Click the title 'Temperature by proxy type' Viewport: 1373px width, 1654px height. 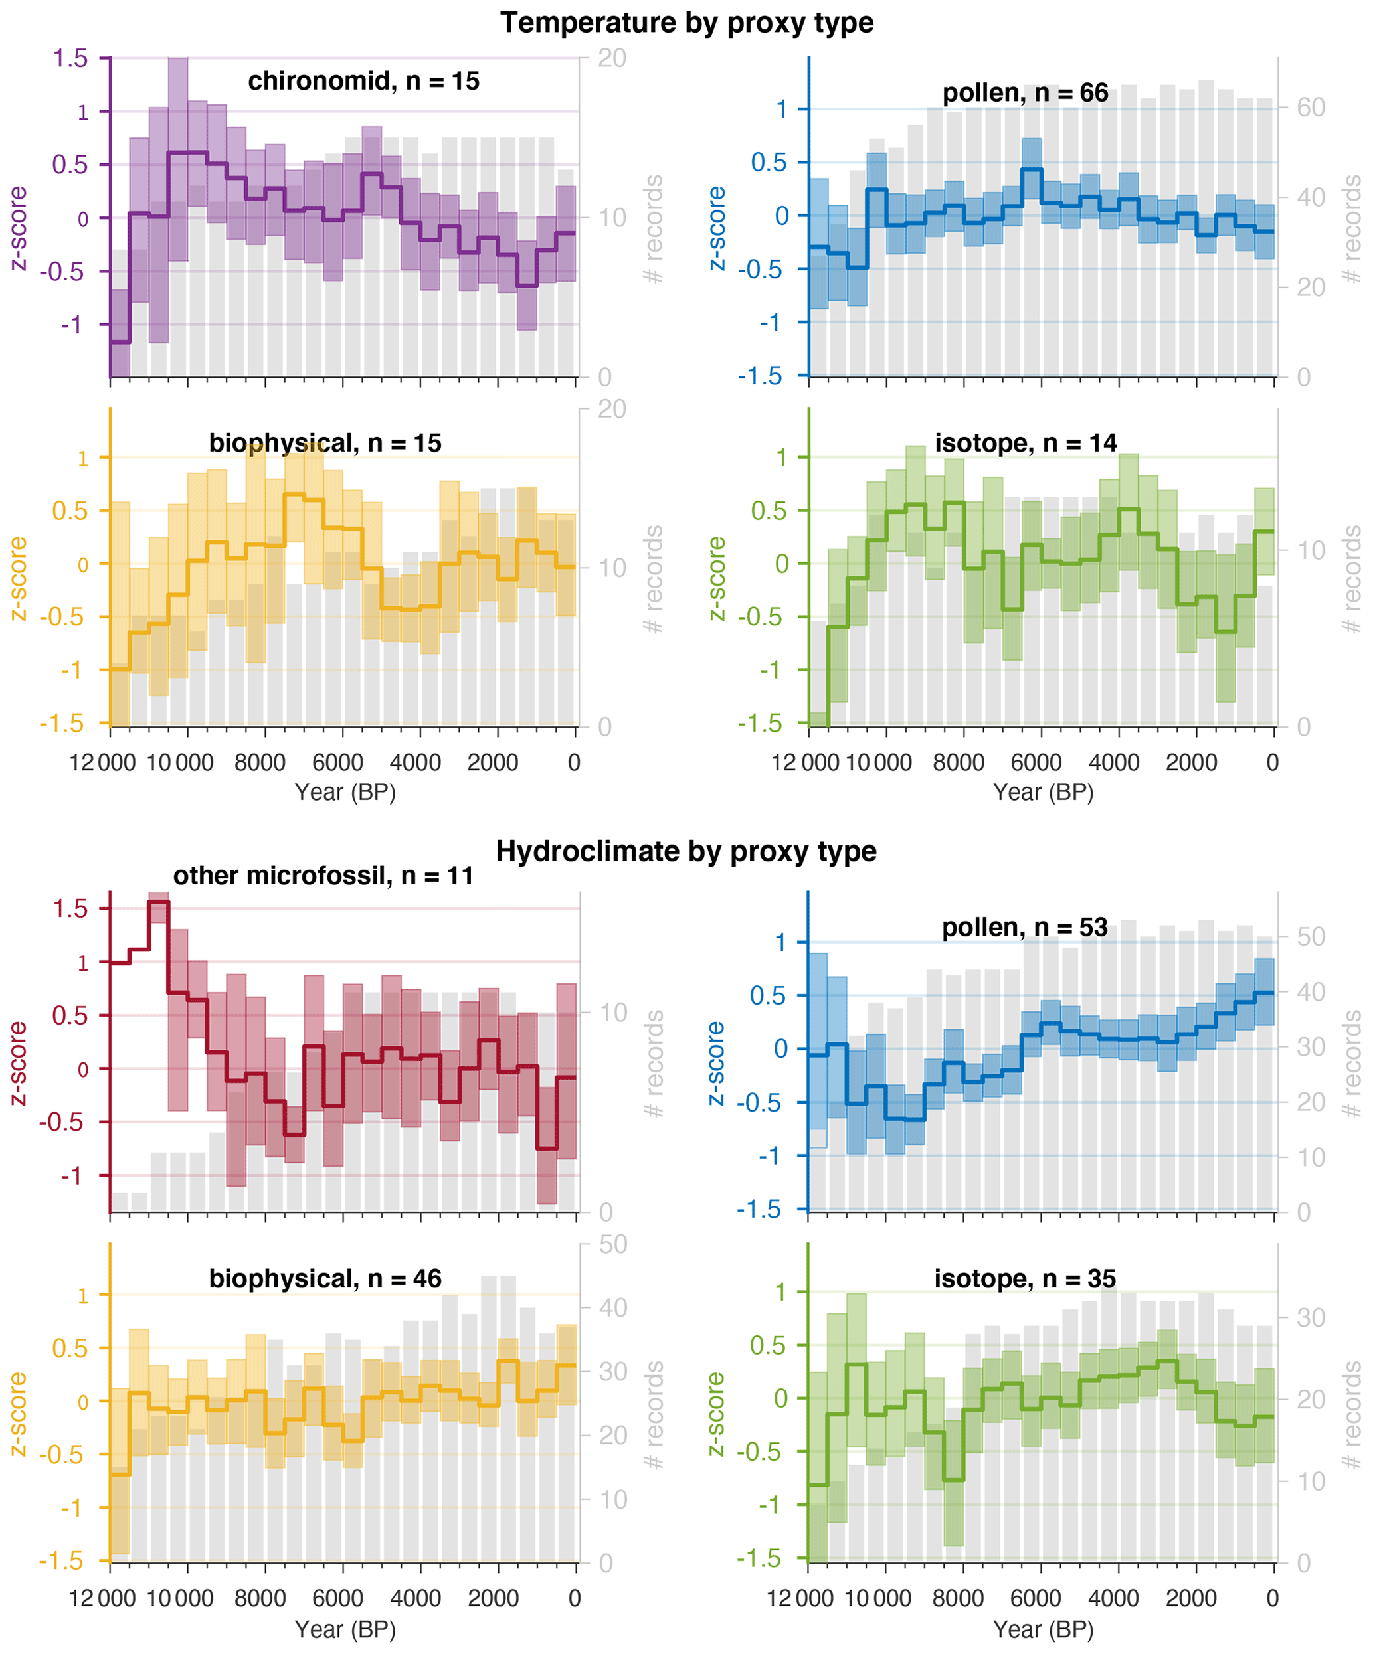(686, 23)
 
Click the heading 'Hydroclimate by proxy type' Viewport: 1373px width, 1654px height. (686, 851)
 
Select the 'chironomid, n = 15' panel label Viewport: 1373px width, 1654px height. (363, 81)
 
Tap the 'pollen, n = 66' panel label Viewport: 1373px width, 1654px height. (1025, 93)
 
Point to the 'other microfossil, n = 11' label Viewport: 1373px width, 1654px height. (323, 876)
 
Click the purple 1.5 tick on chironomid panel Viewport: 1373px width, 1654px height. (70, 58)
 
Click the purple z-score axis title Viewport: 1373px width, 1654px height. (17, 228)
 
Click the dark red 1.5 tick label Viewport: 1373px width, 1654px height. (70, 908)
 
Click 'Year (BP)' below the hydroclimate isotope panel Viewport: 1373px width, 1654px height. (1043, 1629)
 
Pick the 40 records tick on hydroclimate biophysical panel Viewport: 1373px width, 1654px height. (613, 1308)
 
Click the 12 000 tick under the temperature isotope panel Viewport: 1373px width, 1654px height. (804, 762)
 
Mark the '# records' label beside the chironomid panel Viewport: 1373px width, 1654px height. (653, 228)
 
